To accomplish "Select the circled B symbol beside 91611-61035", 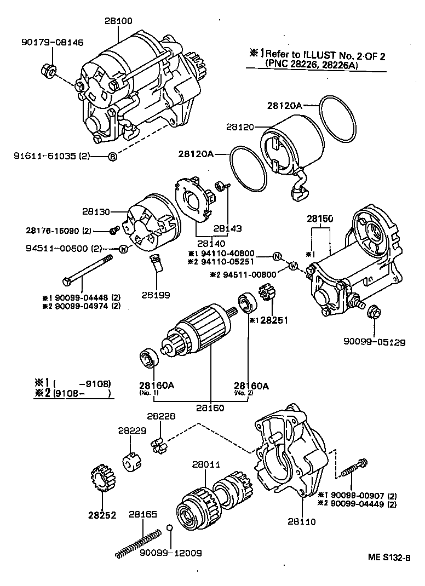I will [x=112, y=157].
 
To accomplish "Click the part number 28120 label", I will [x=240, y=127].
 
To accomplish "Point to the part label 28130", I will [x=97, y=211].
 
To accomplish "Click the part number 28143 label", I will [x=227, y=228].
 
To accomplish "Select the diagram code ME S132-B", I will [x=389, y=558].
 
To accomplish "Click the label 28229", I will [x=132, y=431].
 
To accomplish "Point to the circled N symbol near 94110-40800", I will [x=277, y=256].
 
